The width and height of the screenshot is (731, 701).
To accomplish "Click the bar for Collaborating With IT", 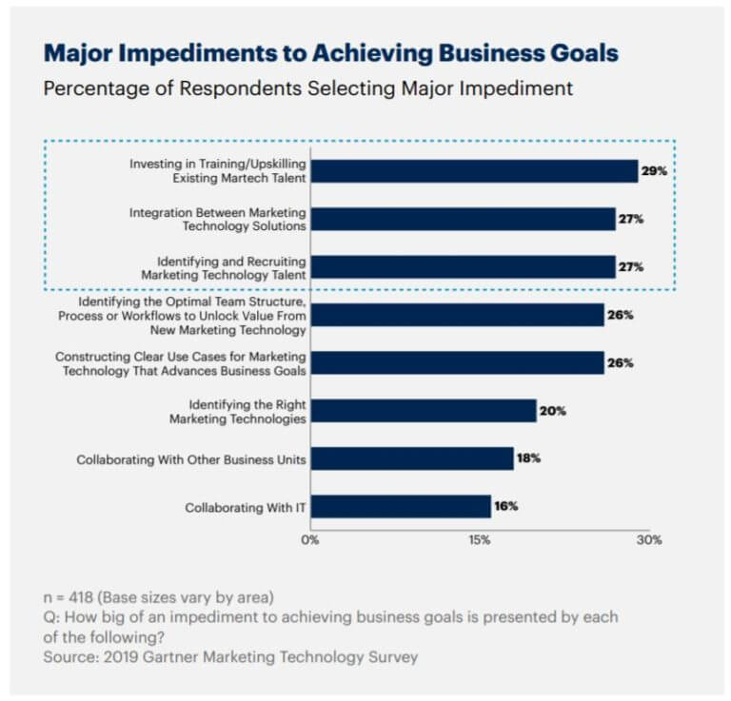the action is (x=401, y=506).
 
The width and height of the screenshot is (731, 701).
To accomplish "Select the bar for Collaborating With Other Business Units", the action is (x=412, y=458).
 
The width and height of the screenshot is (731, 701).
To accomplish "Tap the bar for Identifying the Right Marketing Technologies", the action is (x=424, y=411).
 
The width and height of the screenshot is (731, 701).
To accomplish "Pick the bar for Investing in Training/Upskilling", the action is (x=475, y=171).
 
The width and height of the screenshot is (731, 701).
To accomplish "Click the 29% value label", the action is (x=654, y=171).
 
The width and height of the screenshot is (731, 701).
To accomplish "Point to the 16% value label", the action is (x=506, y=506).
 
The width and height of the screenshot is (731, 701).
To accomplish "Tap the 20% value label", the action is (x=553, y=411).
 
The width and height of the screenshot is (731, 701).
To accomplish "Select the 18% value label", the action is (x=528, y=458).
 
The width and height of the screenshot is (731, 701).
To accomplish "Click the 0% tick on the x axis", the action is (x=310, y=540).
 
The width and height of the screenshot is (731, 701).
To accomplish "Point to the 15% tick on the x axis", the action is (x=480, y=540).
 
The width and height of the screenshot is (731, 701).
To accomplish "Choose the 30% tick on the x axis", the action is (x=649, y=540).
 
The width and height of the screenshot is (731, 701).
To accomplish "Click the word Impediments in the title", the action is (x=198, y=53).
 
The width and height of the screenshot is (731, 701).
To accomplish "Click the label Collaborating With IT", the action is (x=246, y=507).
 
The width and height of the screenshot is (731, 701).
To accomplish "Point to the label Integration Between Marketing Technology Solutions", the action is (x=218, y=219).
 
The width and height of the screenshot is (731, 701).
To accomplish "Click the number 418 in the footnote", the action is (x=81, y=597).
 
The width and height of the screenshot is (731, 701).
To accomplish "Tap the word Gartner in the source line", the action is (x=170, y=656).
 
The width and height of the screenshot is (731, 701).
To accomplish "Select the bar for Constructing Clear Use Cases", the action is (x=457, y=362).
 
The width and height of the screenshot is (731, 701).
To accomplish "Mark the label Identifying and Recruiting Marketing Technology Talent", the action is (x=224, y=268).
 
